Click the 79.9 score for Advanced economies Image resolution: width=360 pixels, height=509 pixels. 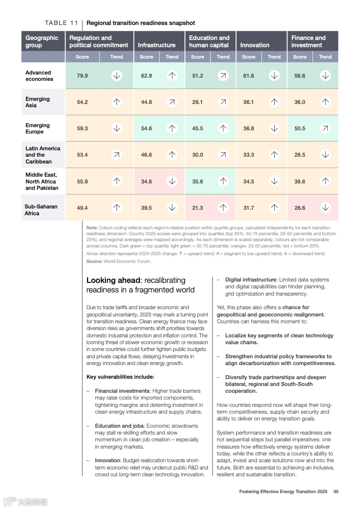point(82,76)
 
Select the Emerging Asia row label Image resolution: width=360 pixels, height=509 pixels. point(38,102)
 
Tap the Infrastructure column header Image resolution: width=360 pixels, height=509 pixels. point(157,45)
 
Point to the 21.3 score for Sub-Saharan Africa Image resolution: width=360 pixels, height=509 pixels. point(197,208)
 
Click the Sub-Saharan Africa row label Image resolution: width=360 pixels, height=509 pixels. point(41,210)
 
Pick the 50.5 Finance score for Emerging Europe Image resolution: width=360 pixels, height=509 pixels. point(300,128)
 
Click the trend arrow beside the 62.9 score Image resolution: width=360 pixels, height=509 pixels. point(172,76)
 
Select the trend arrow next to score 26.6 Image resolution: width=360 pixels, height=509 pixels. point(325,208)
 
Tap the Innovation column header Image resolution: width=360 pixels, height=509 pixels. point(255,45)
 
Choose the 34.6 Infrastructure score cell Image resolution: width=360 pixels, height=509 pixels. point(146,182)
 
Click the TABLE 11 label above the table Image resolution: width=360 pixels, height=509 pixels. point(62,23)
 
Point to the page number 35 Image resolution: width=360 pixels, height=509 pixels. point(336,491)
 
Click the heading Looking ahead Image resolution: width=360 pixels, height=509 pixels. point(113,280)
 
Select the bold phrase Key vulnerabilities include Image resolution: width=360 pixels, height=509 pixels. point(120,377)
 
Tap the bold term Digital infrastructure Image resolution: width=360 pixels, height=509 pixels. point(251,280)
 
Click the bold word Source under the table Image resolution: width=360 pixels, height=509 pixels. point(94,261)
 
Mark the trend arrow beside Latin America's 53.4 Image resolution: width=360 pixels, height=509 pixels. point(117,155)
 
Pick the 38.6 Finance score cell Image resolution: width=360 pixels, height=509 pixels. point(300,182)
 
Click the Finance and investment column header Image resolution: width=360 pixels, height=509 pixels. point(308,41)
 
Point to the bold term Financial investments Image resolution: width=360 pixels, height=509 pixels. point(122,391)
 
